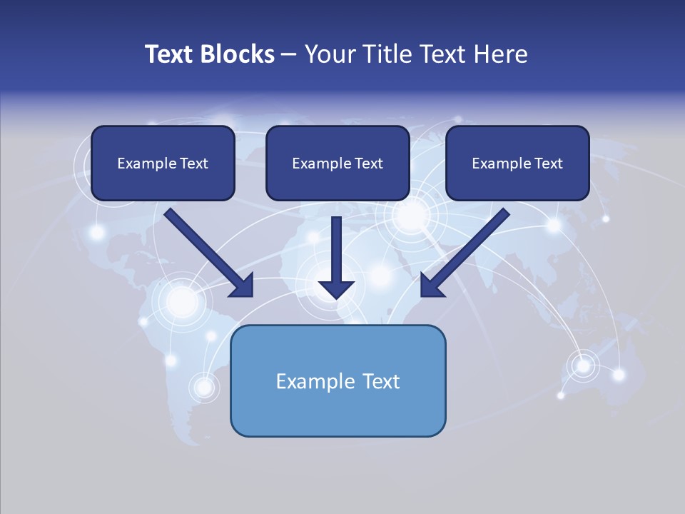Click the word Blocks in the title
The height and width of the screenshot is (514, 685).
coord(238,54)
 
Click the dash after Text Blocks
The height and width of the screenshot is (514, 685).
coord(289,55)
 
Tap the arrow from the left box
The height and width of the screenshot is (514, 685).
coord(207,251)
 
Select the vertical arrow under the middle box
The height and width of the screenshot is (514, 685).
coord(336,257)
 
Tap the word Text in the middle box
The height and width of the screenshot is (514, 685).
coord(369,163)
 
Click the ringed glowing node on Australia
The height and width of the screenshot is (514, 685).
coord(584,366)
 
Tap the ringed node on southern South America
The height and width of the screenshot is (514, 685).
coord(204,387)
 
